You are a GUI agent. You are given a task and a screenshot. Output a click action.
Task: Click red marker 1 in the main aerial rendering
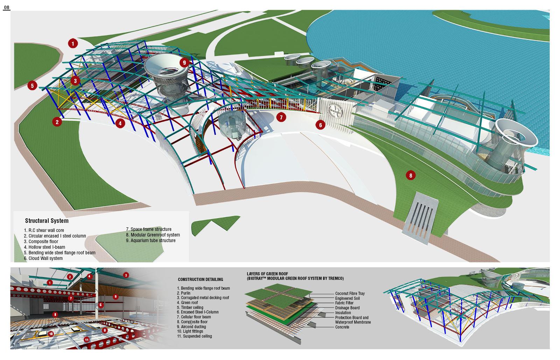click(72, 43)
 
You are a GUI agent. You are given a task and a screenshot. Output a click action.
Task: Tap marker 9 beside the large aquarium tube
click(184, 63)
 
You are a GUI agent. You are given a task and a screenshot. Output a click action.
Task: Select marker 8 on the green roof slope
click(411, 175)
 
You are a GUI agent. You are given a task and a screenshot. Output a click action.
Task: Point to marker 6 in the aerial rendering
click(320, 124)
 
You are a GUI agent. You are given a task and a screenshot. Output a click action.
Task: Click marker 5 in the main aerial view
click(32, 86)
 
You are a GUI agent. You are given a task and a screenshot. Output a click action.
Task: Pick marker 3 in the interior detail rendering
click(126, 275)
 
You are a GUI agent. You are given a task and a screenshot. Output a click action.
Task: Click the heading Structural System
click(47, 221)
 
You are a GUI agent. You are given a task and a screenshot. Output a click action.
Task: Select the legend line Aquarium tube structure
click(150, 241)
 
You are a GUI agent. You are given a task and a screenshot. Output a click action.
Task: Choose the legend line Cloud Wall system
click(43, 259)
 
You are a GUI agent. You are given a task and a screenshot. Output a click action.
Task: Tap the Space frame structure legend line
click(148, 230)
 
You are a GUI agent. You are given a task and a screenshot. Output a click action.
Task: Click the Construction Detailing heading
click(200, 280)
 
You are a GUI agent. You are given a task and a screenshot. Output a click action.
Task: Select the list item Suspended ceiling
click(194, 336)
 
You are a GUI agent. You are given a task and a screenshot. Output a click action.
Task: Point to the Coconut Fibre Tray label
click(350, 294)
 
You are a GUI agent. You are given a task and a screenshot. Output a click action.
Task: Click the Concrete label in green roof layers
click(342, 327)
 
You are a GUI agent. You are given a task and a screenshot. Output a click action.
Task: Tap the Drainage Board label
click(347, 308)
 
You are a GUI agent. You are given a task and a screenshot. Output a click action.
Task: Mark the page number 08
click(7, 7)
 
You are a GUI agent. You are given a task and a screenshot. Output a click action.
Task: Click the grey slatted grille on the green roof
click(420, 217)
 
